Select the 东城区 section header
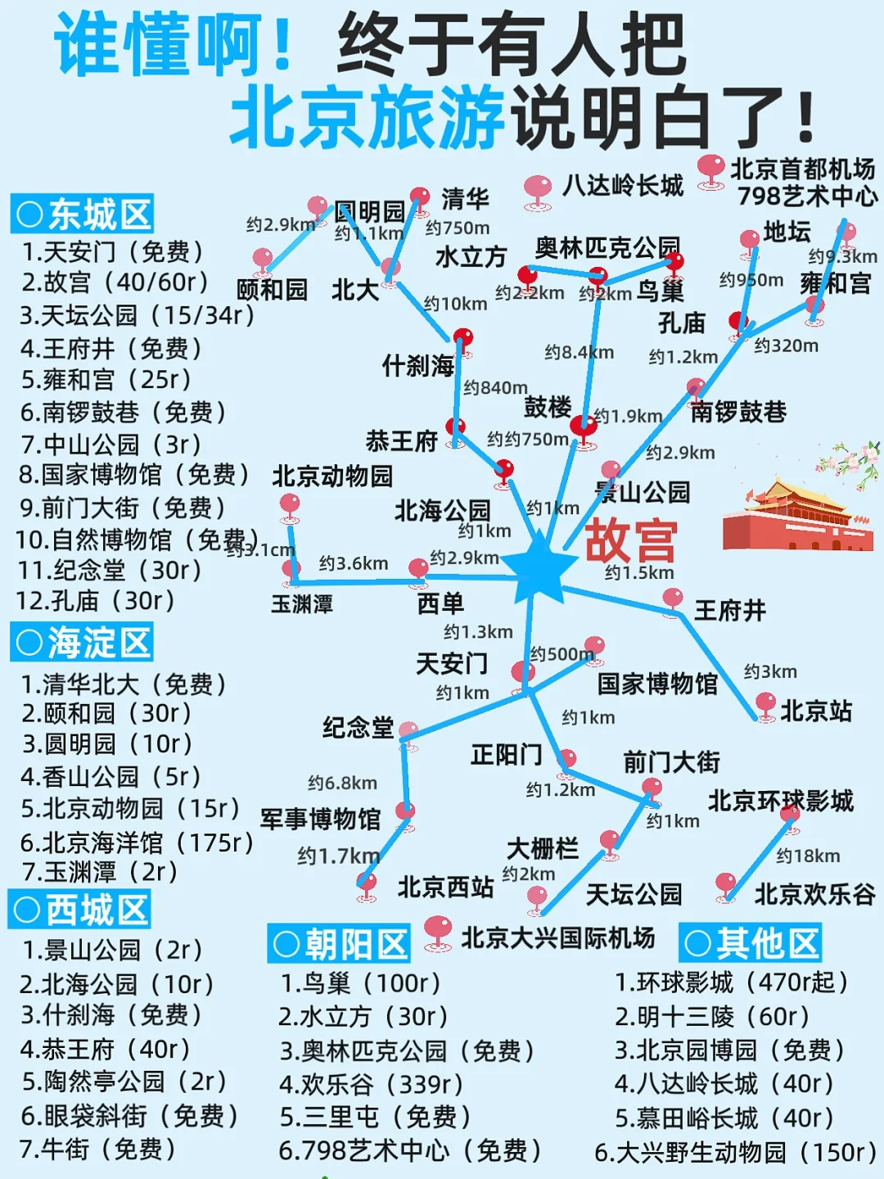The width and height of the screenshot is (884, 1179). point(83,215)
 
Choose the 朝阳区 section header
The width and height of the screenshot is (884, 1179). point(339,944)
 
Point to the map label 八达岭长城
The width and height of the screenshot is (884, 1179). point(623,185)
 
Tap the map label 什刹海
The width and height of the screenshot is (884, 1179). point(417,365)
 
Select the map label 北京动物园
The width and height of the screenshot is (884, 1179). point(332,476)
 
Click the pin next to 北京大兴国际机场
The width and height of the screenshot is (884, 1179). point(439,930)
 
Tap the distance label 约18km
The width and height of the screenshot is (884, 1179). point(808,856)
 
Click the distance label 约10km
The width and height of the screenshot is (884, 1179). point(455,304)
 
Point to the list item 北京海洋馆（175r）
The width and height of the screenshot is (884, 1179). point(137,842)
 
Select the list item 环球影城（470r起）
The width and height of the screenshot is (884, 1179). point(731,982)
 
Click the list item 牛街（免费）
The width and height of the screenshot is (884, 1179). point(97,1149)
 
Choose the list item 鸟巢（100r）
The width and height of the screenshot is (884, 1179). point(359,982)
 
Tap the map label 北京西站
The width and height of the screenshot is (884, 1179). point(445,887)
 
